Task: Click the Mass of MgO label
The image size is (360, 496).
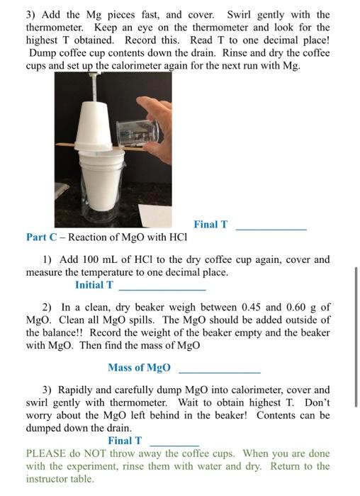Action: tap(139, 367)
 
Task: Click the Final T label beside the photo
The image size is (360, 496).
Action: tap(210, 225)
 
